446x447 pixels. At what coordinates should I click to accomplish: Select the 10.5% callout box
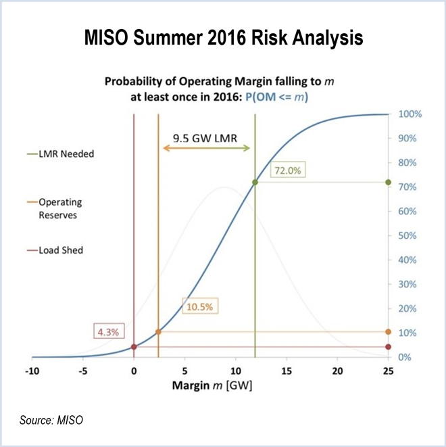point(199,306)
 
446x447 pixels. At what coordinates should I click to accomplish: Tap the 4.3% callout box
point(106,332)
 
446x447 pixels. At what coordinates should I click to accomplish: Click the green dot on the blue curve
point(255,183)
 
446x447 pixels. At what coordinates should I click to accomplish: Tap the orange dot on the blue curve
point(159,332)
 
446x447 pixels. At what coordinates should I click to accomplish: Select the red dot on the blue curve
point(134,347)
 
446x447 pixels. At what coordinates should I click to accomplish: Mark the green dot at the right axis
point(388,183)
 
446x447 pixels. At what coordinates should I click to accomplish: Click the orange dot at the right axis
point(388,332)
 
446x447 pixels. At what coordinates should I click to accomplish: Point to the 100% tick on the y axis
point(410,114)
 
